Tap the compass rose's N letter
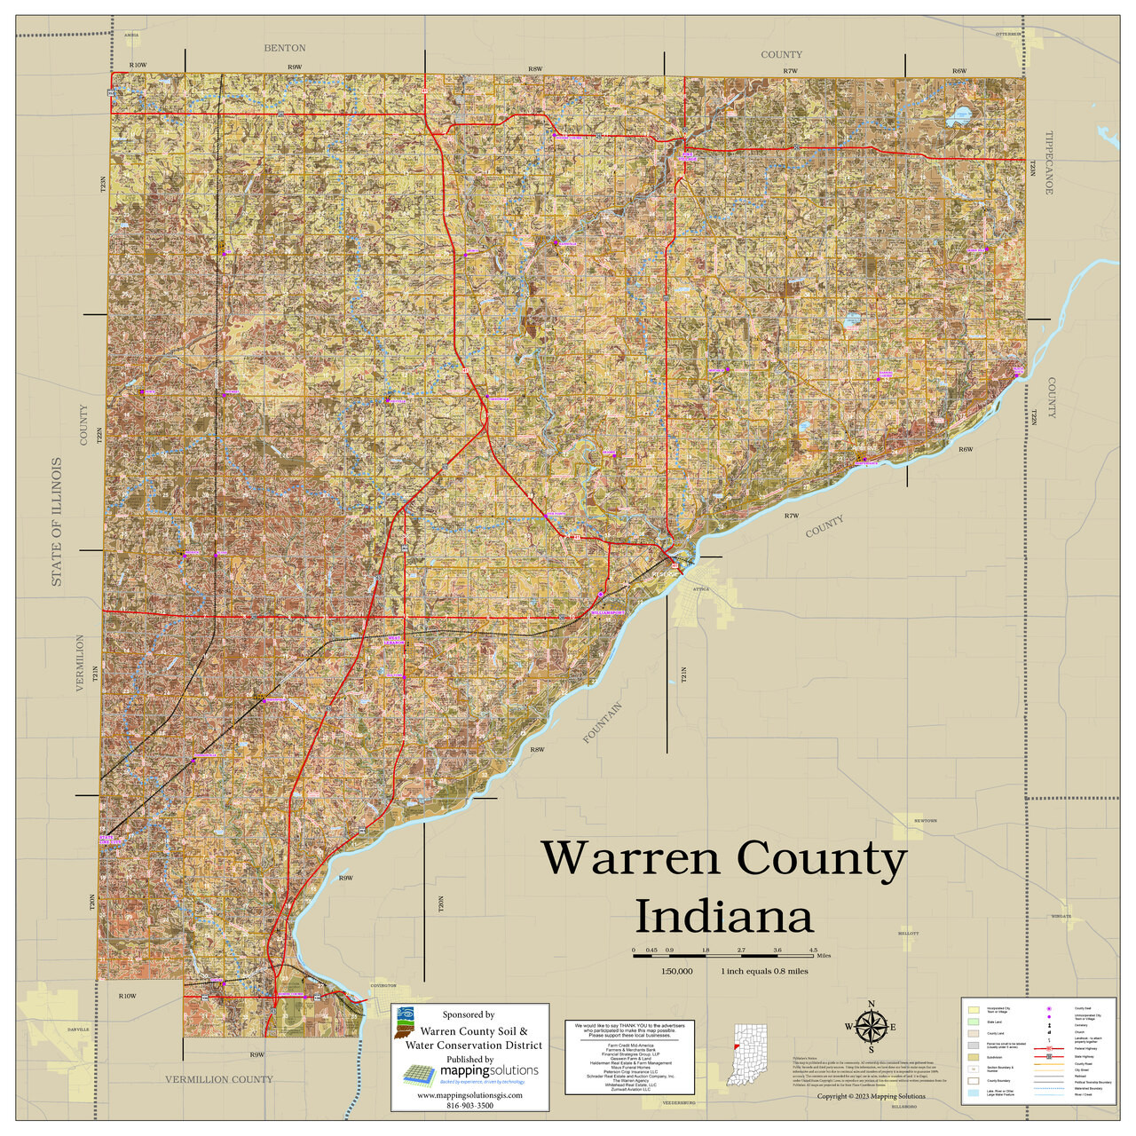coord(871,1005)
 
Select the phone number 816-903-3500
coord(469,1106)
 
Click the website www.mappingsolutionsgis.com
coord(469,1095)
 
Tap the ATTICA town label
coord(702,589)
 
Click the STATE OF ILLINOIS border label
coord(57,522)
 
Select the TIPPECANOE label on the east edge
coord(1048,163)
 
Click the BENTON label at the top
coord(285,48)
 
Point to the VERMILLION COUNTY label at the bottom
coord(219,1079)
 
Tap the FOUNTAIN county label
coord(603,723)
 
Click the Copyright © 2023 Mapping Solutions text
coord(871,1097)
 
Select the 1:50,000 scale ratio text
coord(676,971)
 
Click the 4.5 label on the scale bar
coord(812,951)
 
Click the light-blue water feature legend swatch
coord(974,1093)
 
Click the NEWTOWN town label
coord(925,821)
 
